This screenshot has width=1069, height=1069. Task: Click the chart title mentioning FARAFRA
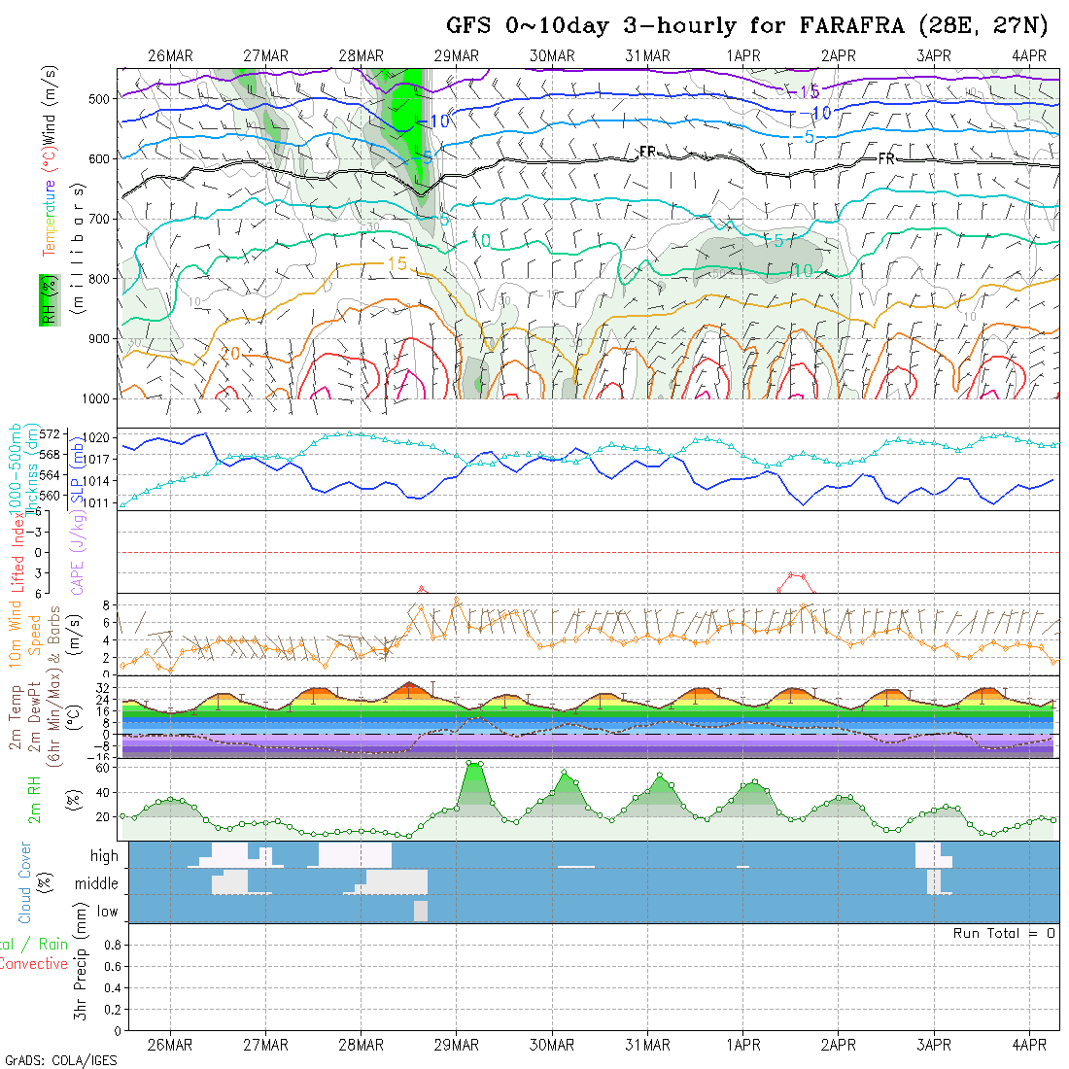tap(746, 25)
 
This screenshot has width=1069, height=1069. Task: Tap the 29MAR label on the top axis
tap(457, 55)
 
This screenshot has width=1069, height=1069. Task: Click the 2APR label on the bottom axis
tap(838, 1045)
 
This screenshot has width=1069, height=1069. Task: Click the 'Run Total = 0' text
tap(1004, 933)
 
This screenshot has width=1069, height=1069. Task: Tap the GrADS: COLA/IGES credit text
tap(60, 1060)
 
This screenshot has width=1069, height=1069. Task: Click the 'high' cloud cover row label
tap(104, 856)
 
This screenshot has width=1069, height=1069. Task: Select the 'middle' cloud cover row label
tap(96, 884)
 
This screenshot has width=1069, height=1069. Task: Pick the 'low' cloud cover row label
tap(107, 912)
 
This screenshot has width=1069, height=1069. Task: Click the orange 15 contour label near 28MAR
tap(397, 263)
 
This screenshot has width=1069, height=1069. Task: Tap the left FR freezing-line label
tap(647, 152)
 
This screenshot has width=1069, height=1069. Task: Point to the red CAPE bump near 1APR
tap(796, 575)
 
